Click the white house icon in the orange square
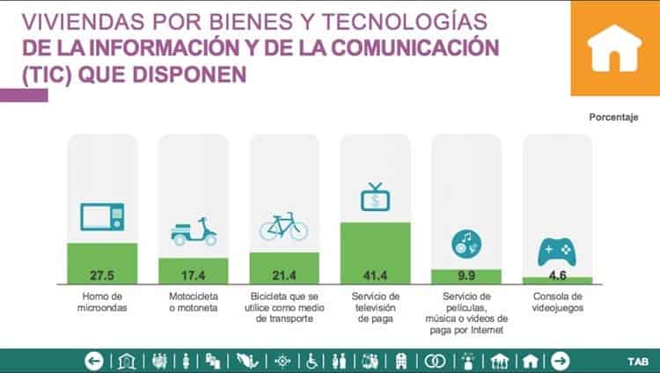point(613,48)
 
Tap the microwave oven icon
point(102,217)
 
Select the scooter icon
point(193,231)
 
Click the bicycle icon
point(283,226)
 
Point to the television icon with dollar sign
point(375,196)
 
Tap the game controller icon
point(556,251)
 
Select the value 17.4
point(193,274)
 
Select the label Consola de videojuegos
point(556,303)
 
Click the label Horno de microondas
point(101,303)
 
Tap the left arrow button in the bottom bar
point(94,361)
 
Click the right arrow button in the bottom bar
point(560,361)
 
